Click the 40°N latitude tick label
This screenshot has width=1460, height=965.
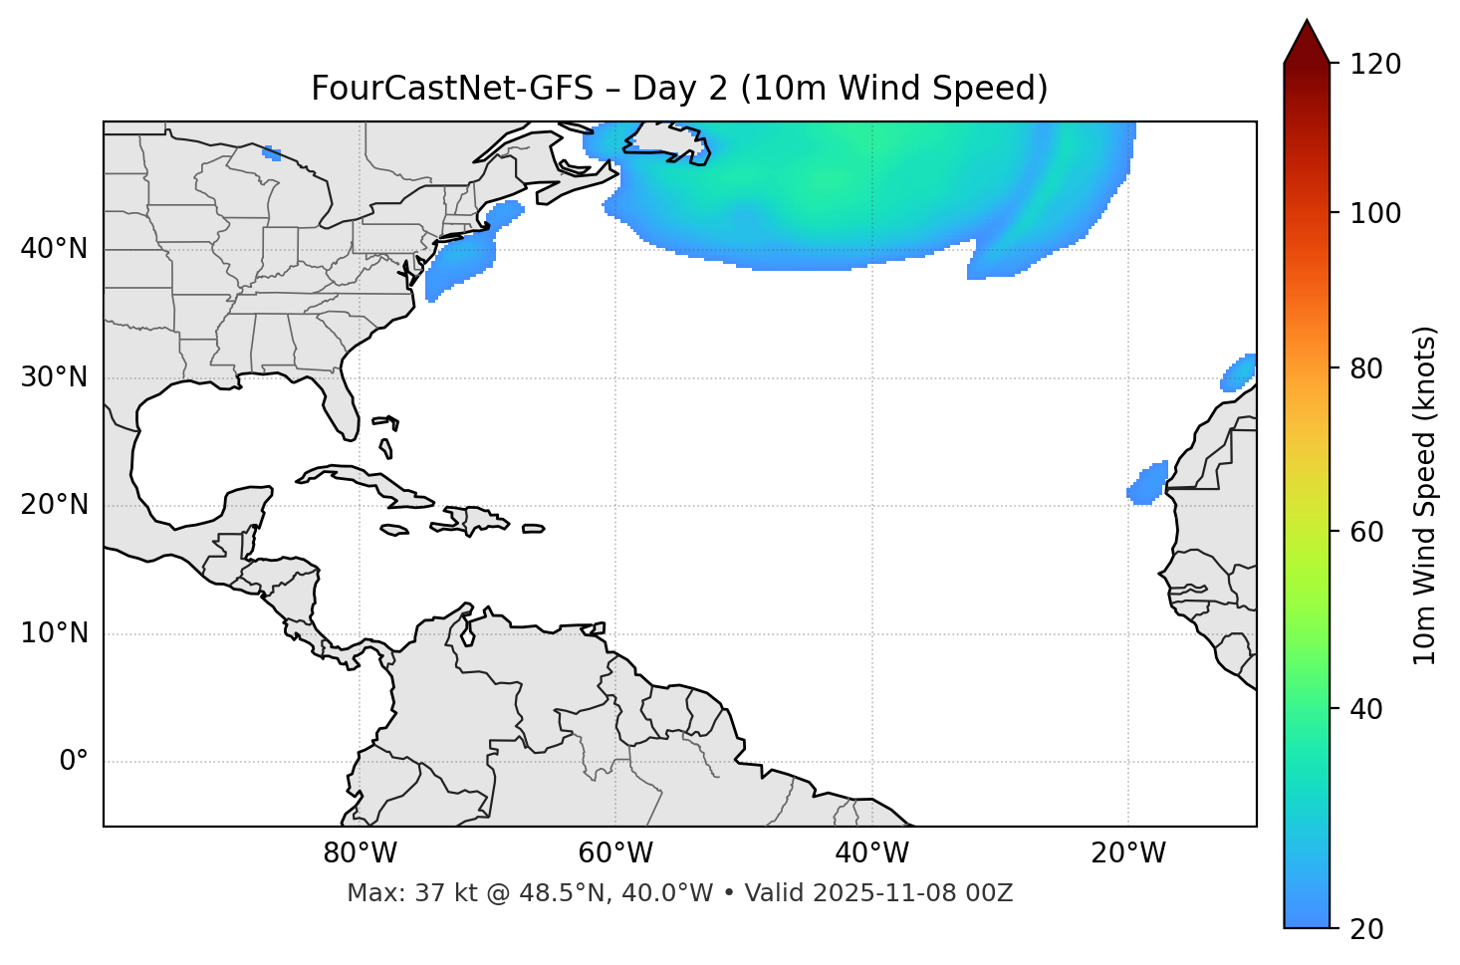pyautogui.click(x=54, y=249)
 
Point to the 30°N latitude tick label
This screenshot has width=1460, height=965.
pyautogui.click(x=54, y=377)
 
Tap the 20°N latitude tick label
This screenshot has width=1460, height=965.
pyautogui.click(x=54, y=505)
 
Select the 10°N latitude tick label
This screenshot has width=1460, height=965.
pyautogui.click(x=54, y=633)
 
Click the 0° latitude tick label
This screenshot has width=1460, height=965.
pyautogui.click(x=74, y=762)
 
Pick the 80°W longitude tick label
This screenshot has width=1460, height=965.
pyautogui.click(x=360, y=853)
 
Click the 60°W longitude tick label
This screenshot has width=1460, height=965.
pyautogui.click(x=615, y=853)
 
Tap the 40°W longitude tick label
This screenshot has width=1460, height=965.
pyautogui.click(x=871, y=853)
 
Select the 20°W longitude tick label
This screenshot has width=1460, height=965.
pyautogui.click(x=1128, y=853)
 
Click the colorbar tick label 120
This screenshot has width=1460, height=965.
pyautogui.click(x=1375, y=65)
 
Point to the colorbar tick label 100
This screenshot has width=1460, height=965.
pyautogui.click(x=1375, y=214)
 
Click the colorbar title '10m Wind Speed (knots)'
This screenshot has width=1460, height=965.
pyautogui.click(x=1425, y=495)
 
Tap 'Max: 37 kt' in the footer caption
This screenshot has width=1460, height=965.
pyautogui.click(x=395, y=893)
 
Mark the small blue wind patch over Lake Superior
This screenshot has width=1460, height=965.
pyautogui.click(x=272, y=153)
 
